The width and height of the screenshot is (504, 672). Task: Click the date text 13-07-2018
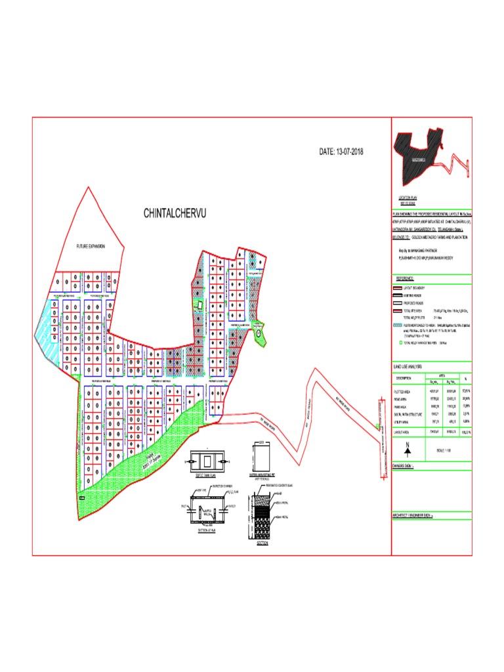tap(341, 152)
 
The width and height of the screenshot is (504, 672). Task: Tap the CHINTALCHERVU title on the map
tap(175, 214)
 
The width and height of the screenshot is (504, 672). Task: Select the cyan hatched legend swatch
tap(397, 324)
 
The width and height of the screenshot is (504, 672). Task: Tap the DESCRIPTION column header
tap(404, 379)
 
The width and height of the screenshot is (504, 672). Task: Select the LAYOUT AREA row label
tap(402, 432)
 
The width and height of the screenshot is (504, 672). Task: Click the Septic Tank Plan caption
tap(206, 475)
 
